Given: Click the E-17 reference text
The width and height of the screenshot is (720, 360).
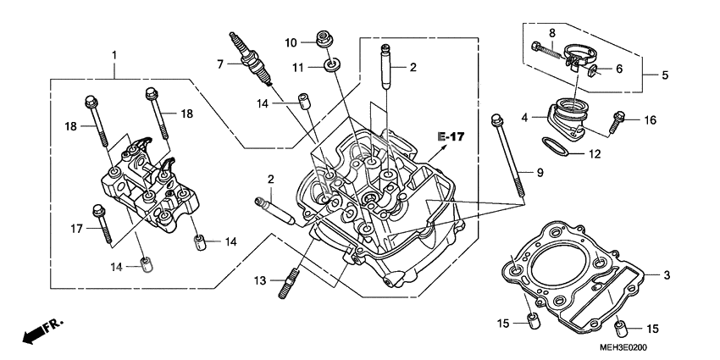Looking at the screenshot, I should [x=452, y=136].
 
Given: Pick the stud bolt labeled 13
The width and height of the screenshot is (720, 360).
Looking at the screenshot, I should [x=288, y=281].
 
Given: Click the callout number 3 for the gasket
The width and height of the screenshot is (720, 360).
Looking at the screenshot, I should [x=667, y=275].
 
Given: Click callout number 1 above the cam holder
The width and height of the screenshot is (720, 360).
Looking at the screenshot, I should [x=114, y=55].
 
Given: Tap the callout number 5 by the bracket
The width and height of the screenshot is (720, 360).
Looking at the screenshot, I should [x=665, y=75].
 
